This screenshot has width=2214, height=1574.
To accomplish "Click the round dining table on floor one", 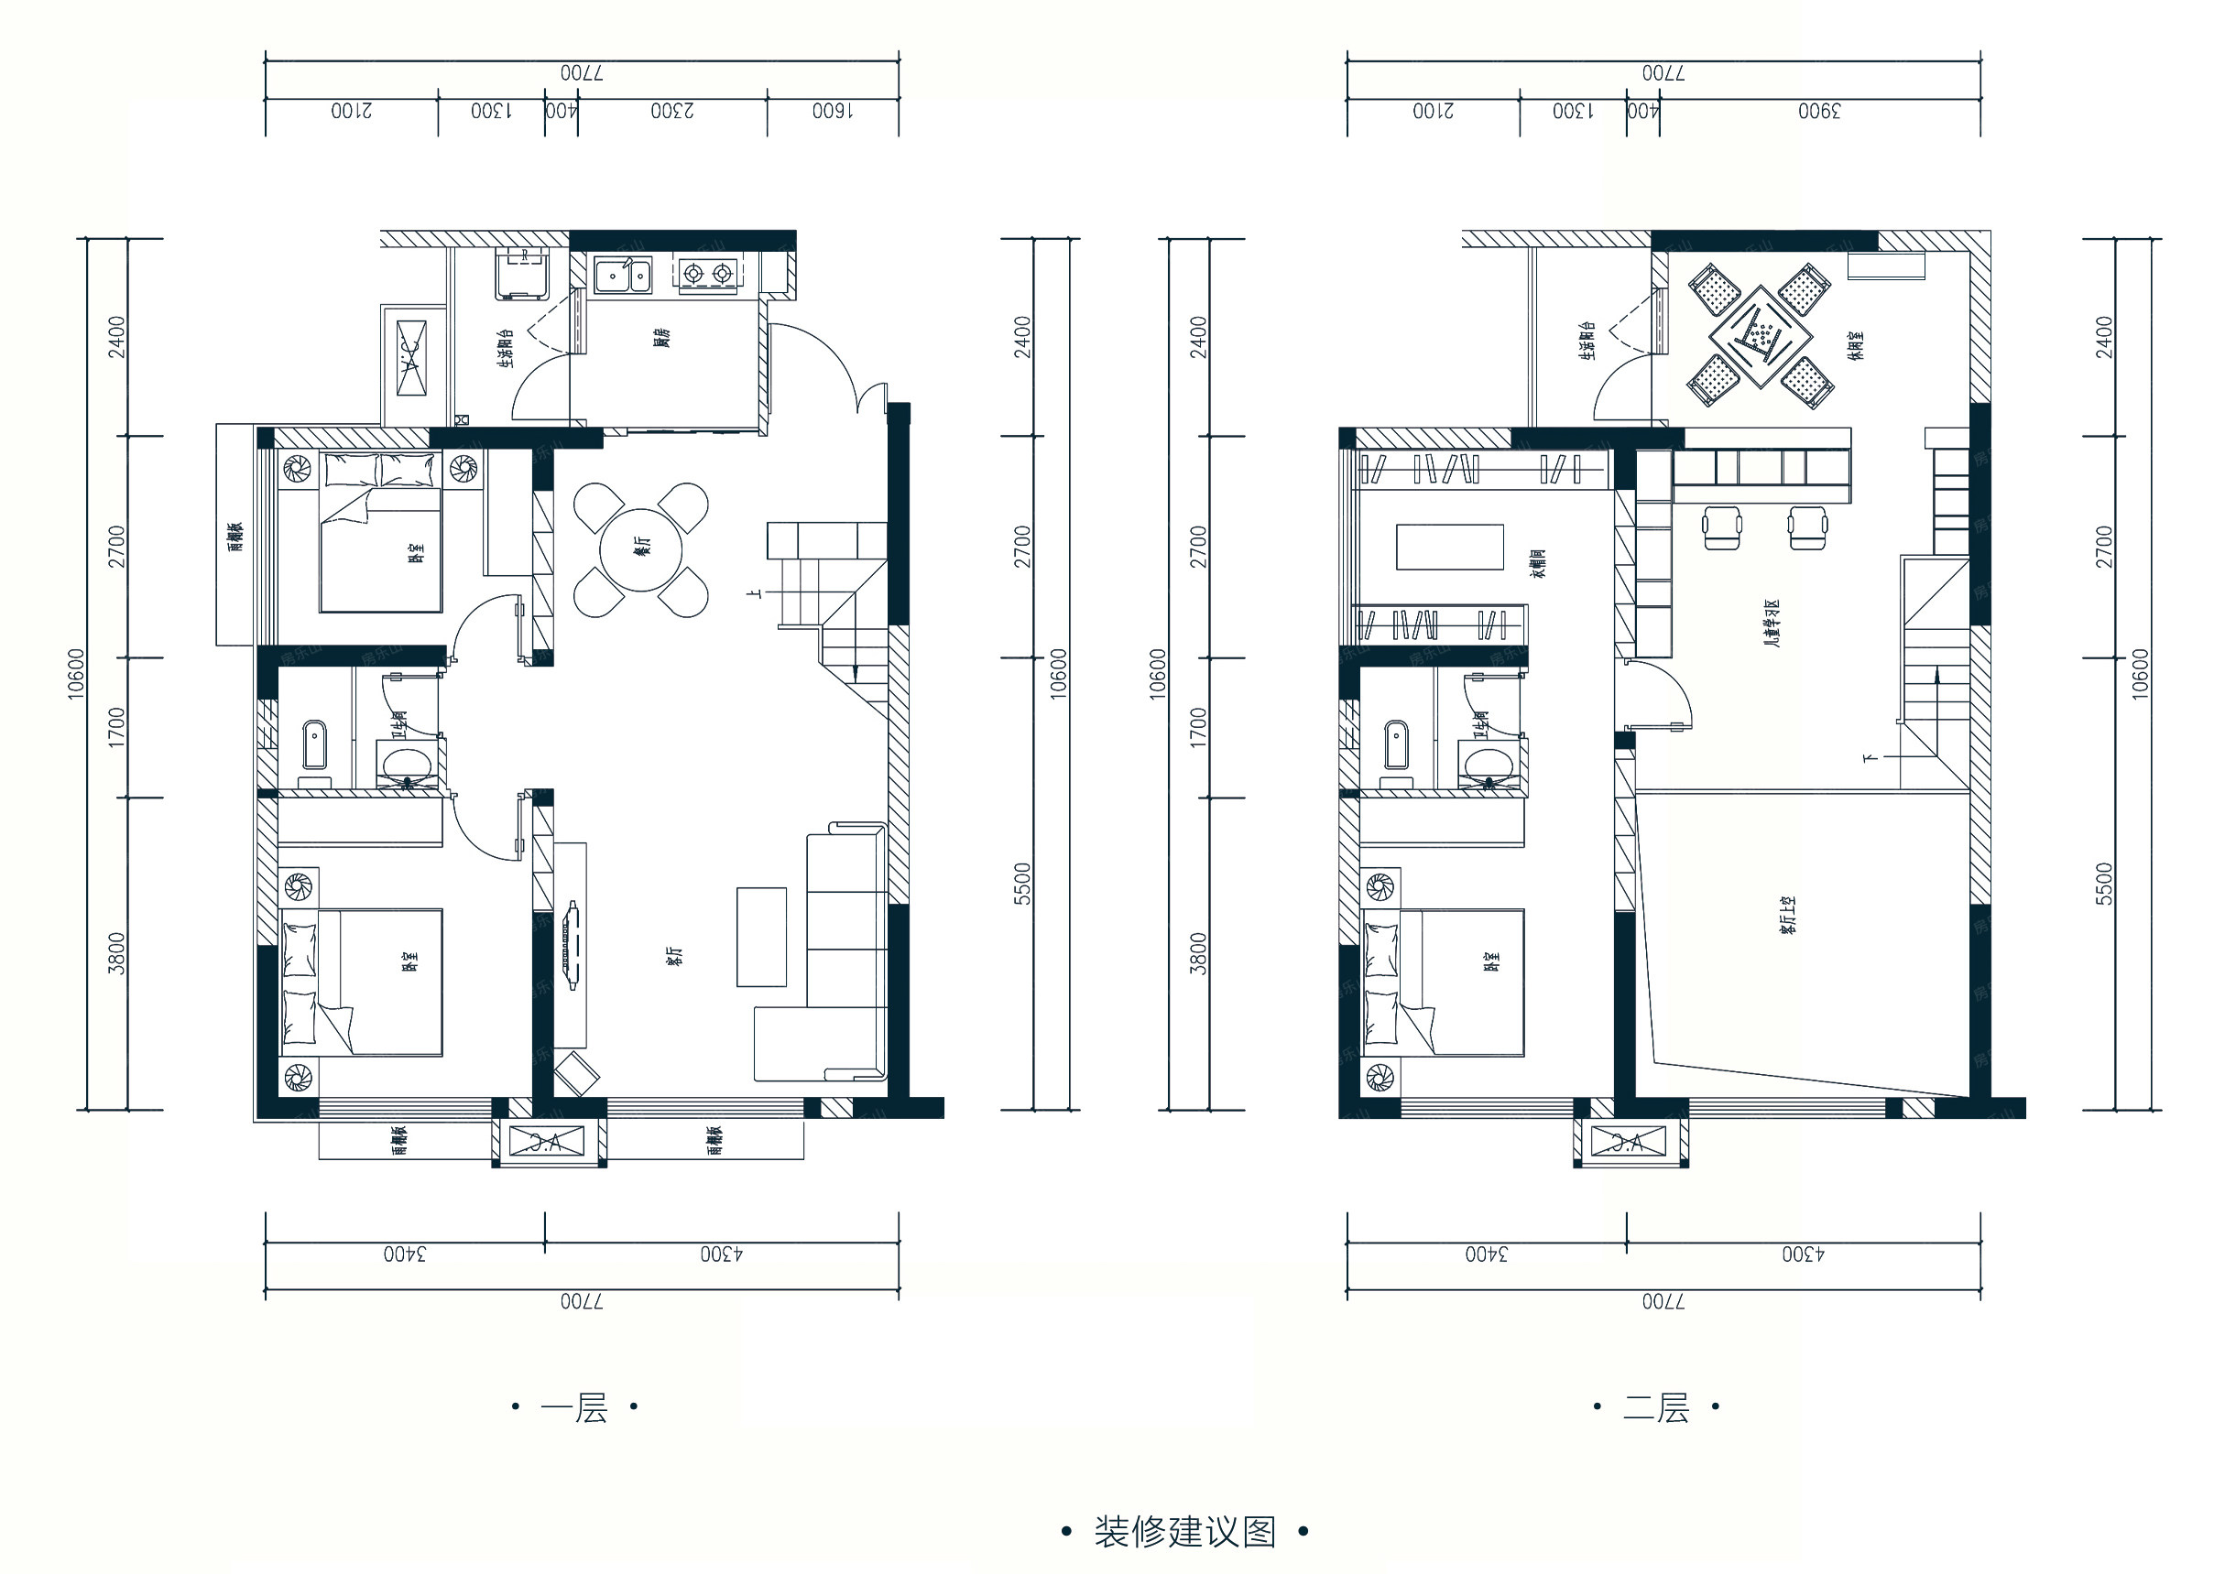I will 640,549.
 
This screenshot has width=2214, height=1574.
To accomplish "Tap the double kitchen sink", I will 623,276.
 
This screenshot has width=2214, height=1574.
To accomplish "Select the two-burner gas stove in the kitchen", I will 706,275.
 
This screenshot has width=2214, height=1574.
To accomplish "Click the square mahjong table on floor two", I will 1761,337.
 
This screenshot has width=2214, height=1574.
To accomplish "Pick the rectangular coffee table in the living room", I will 761,937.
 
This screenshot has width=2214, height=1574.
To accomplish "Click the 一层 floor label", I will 575,1407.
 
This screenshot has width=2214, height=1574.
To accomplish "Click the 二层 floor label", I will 1657,1407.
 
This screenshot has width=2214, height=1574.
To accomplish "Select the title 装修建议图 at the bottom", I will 1184,1532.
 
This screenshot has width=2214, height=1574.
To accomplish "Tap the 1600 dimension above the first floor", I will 833,111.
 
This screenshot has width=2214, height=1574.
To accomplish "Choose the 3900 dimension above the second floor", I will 1818,111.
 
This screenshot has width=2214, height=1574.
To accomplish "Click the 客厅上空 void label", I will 1786,915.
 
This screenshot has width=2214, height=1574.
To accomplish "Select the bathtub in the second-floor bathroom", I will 1395,744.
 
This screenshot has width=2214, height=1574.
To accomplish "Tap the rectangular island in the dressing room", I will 1449,547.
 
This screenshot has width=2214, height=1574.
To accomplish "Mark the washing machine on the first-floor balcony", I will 520,273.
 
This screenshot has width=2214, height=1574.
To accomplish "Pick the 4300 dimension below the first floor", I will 721,1254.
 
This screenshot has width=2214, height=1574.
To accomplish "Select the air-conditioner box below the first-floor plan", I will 549,1143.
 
